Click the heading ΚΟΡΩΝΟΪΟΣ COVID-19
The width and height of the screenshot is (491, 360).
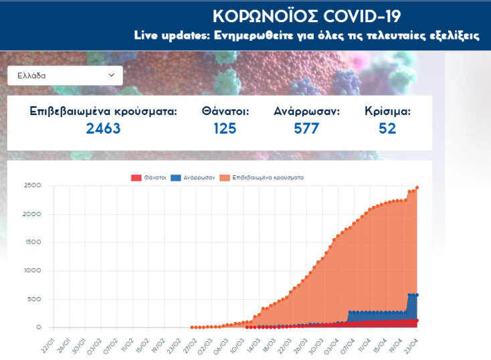pos(306,16)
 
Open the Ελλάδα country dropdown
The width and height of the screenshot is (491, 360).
pos(65,76)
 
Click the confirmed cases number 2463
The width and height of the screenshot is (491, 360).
pos(103,128)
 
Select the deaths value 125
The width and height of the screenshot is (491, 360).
pos(225,128)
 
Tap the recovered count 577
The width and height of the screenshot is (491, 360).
pos(306,128)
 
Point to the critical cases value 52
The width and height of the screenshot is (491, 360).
pos(387,128)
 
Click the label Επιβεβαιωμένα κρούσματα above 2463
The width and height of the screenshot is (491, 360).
pos(103,111)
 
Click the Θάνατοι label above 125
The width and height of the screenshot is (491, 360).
pos(225,111)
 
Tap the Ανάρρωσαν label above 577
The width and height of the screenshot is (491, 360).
pos(306,111)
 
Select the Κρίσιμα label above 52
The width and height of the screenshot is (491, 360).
pos(387,111)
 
